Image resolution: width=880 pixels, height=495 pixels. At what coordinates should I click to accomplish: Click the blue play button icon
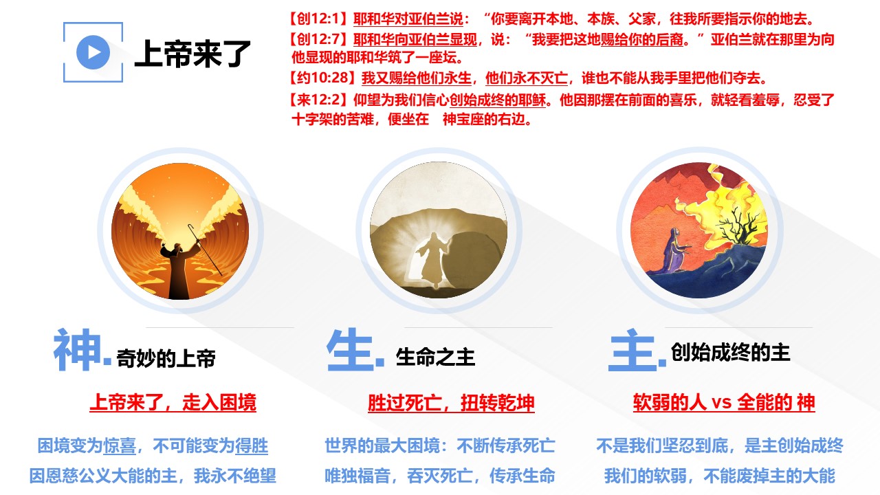click(x=93, y=52)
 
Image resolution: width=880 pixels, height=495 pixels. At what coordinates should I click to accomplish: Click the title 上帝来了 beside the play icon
click(x=192, y=54)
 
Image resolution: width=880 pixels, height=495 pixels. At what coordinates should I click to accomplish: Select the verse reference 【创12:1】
click(x=319, y=19)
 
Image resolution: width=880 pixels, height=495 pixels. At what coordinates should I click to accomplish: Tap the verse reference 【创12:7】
click(x=319, y=39)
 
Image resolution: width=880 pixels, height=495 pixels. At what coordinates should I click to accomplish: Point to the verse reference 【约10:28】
click(x=323, y=78)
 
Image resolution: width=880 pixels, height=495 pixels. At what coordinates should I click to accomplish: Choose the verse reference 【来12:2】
click(x=319, y=100)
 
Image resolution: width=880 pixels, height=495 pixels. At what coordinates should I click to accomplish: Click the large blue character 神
click(x=77, y=349)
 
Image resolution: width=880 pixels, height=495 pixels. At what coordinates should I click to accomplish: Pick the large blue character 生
click(x=350, y=349)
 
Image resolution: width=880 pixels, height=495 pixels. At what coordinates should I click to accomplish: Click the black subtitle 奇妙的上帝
click(x=166, y=358)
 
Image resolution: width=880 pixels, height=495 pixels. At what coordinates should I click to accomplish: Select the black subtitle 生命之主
click(x=435, y=357)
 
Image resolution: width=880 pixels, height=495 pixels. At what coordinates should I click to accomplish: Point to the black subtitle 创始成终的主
click(x=730, y=351)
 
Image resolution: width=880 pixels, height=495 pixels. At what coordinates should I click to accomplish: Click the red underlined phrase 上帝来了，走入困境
click(x=173, y=402)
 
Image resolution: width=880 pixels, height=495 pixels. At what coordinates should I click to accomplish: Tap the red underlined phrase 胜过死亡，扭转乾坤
click(x=451, y=403)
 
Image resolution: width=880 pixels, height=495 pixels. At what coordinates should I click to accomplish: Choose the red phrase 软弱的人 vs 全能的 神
click(x=724, y=402)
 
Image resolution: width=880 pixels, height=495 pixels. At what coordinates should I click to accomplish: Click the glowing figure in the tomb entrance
click(x=432, y=259)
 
